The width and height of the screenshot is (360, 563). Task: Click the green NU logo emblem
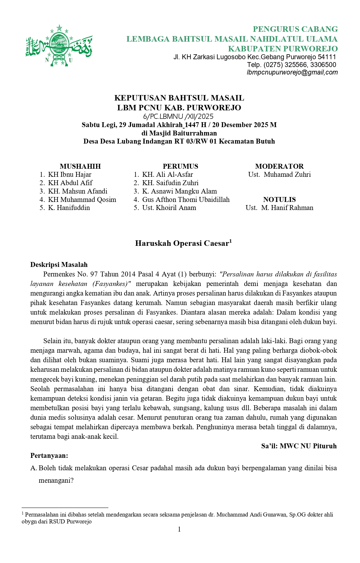click(x=59, y=46)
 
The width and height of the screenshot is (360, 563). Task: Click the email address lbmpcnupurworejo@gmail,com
click(x=292, y=73)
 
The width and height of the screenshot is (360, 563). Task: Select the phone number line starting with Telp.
click(x=291, y=65)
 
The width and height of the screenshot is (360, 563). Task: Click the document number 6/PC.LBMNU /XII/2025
click(x=178, y=116)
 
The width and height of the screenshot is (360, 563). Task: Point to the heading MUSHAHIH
click(x=80, y=166)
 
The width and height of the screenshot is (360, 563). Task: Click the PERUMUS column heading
click(x=180, y=166)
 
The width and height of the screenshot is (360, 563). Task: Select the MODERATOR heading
click(x=279, y=166)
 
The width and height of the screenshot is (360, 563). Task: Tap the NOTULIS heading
click(x=279, y=200)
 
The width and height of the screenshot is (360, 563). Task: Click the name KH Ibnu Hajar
click(x=70, y=174)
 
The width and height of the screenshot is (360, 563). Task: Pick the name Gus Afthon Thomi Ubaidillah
click(x=186, y=200)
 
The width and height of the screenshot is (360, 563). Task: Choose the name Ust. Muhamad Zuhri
click(x=279, y=174)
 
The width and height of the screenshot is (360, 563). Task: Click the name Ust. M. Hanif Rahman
click(x=279, y=208)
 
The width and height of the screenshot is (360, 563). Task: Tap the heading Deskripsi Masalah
click(x=59, y=265)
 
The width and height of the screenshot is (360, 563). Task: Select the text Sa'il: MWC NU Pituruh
click(x=299, y=446)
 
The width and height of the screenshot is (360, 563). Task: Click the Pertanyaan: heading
click(x=49, y=456)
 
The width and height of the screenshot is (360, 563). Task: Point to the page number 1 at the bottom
click(x=179, y=529)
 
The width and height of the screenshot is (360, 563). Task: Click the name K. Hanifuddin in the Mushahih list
click(x=69, y=208)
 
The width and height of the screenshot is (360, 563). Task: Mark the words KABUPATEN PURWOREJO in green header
click(x=283, y=49)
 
